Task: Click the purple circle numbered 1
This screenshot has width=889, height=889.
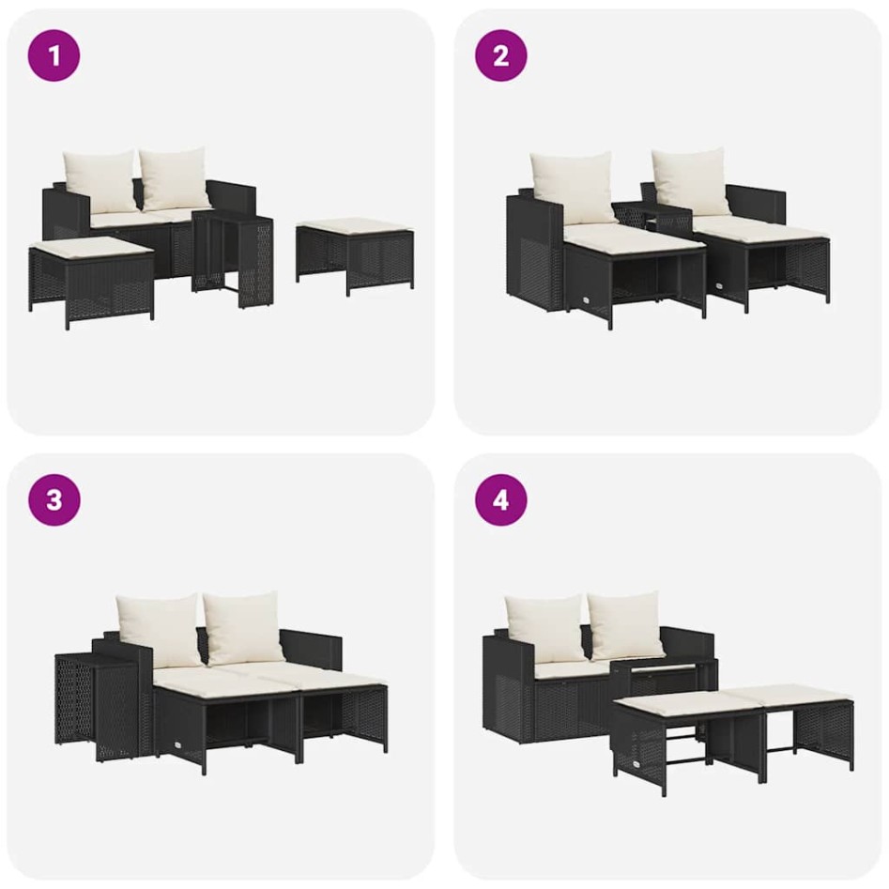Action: click(x=54, y=55)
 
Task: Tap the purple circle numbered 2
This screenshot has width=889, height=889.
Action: click(x=500, y=55)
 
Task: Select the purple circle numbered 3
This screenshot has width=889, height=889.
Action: click(x=54, y=499)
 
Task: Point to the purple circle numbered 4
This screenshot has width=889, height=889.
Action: click(x=500, y=499)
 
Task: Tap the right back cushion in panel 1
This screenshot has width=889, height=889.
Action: click(x=176, y=178)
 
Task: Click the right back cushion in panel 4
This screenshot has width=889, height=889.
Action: click(x=625, y=625)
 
